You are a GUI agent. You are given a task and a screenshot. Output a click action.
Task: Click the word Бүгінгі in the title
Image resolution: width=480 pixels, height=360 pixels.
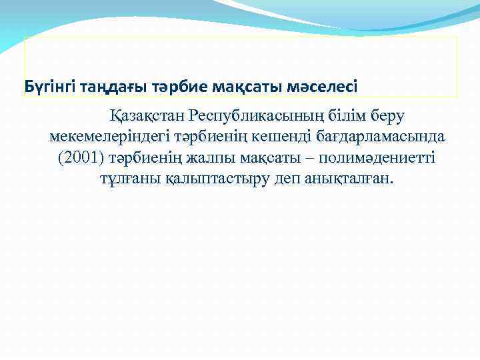click(x=49, y=87)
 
